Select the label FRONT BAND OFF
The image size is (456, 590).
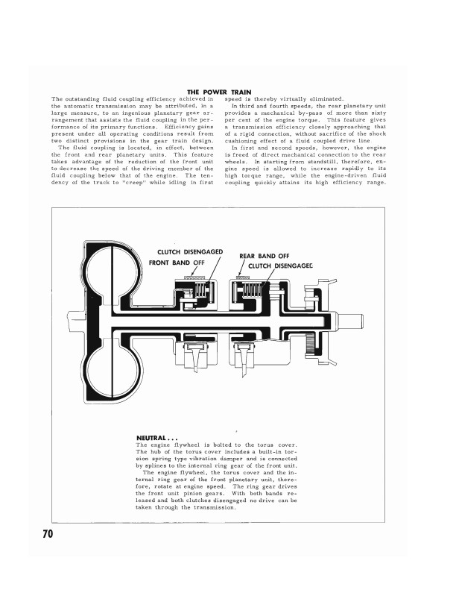click(x=177, y=263)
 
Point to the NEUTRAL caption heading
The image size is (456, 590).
click(x=157, y=437)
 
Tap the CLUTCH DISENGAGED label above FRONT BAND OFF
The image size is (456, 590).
click(x=190, y=252)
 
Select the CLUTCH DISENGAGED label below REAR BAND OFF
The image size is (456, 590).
click(x=280, y=266)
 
